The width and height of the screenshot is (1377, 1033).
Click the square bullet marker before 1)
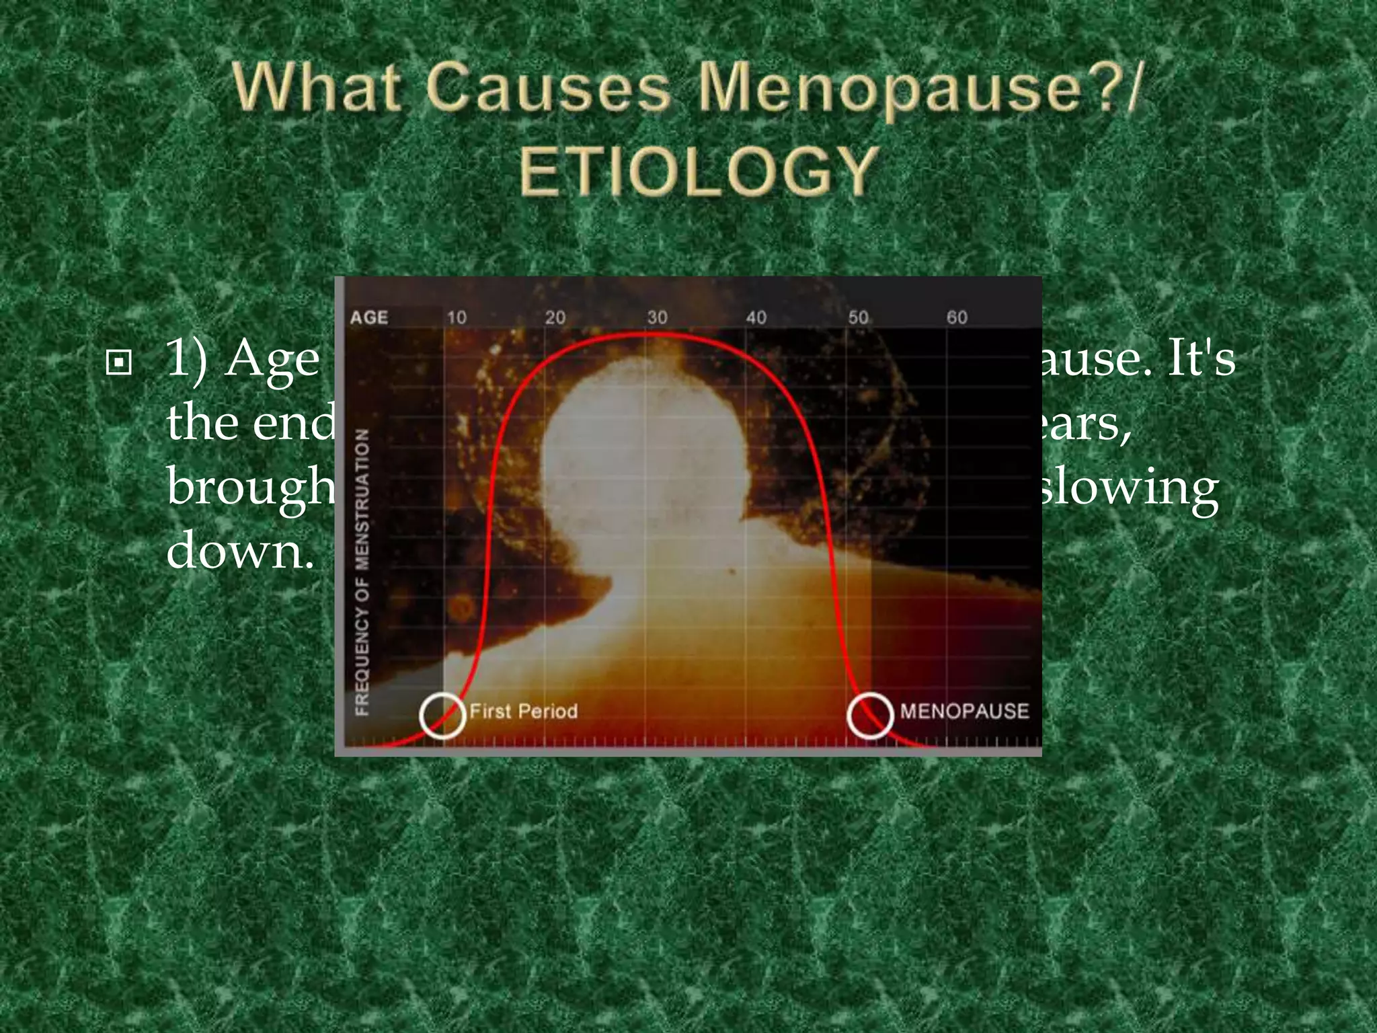[x=119, y=363]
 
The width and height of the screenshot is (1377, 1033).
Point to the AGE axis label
[x=369, y=317]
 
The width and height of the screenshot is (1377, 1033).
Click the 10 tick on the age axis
[x=457, y=317]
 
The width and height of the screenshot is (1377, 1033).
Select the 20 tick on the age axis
[x=555, y=317]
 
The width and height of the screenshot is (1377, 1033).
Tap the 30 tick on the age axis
[x=657, y=317]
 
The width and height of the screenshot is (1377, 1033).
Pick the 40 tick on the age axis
[x=756, y=317]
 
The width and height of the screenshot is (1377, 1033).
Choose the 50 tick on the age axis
[x=857, y=317]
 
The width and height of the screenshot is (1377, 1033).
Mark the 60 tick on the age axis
[x=957, y=317]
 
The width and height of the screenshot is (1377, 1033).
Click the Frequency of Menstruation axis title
[x=362, y=572]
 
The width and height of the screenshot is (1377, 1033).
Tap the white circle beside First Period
[x=442, y=715]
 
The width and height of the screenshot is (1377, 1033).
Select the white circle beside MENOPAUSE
[x=870, y=715]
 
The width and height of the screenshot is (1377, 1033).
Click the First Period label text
[x=523, y=711]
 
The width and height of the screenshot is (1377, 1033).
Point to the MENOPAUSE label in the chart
[x=964, y=711]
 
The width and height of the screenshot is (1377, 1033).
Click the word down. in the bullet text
[x=240, y=550]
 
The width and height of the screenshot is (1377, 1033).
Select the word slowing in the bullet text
[x=1130, y=488]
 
